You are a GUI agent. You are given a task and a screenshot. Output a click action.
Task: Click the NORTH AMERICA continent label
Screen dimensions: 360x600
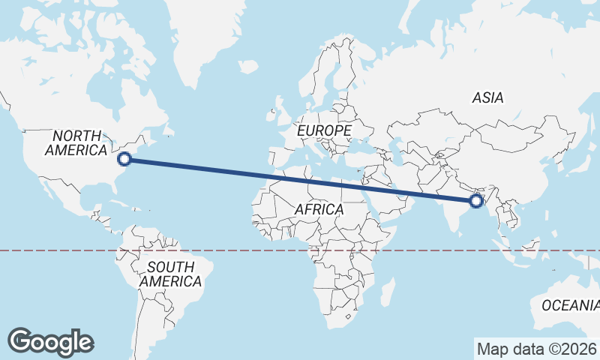(76, 142)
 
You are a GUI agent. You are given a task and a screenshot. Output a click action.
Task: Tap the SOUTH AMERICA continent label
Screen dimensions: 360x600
(170, 274)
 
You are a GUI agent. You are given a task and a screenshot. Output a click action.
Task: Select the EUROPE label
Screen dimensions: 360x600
(324, 130)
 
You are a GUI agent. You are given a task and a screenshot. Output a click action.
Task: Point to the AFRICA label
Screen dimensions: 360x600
(319, 209)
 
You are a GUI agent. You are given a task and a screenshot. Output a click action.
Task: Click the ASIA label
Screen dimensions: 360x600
(487, 97)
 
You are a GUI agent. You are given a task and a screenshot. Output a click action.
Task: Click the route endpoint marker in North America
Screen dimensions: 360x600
(125, 158)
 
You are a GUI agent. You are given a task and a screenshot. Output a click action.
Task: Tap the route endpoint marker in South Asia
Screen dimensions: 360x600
(475, 200)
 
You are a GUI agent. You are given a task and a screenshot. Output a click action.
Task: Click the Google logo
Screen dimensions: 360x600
(51, 342)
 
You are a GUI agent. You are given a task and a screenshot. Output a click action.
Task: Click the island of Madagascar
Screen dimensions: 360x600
(387, 290)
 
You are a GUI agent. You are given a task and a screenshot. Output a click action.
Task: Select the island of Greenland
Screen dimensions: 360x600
(206, 37)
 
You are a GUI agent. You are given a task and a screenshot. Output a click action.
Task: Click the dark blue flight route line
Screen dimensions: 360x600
(300, 179)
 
